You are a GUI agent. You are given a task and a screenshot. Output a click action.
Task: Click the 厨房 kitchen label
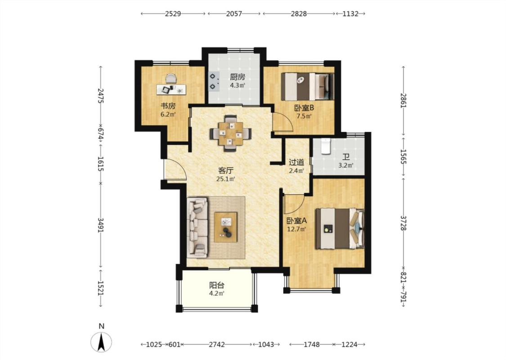pos(237,77)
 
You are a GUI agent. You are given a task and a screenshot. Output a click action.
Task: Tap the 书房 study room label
pos(168,106)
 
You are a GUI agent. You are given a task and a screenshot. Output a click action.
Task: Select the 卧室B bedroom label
pos(304,108)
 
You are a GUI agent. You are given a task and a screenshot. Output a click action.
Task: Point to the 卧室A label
pos(296,221)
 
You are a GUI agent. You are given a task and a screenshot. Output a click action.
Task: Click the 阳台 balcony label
pos(217,285)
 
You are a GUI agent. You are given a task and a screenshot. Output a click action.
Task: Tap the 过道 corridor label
pos(296,162)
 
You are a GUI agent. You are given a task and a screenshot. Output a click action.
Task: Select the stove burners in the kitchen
pos(213,81)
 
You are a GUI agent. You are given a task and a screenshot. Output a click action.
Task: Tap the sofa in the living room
pos(197,228)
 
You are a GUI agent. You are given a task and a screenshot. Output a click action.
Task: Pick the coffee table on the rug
pos(226,227)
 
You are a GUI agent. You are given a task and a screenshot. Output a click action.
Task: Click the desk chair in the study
pos(171,78)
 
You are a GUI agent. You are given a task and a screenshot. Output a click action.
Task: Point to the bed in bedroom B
pos(307,86)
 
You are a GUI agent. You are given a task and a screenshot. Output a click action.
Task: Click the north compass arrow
pos(101,342)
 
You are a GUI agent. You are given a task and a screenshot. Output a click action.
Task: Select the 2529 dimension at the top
pos(173,13)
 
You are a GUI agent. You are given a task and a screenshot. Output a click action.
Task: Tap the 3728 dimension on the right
pos(403,223)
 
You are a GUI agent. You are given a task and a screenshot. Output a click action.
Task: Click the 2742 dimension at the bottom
pos(216,345)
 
